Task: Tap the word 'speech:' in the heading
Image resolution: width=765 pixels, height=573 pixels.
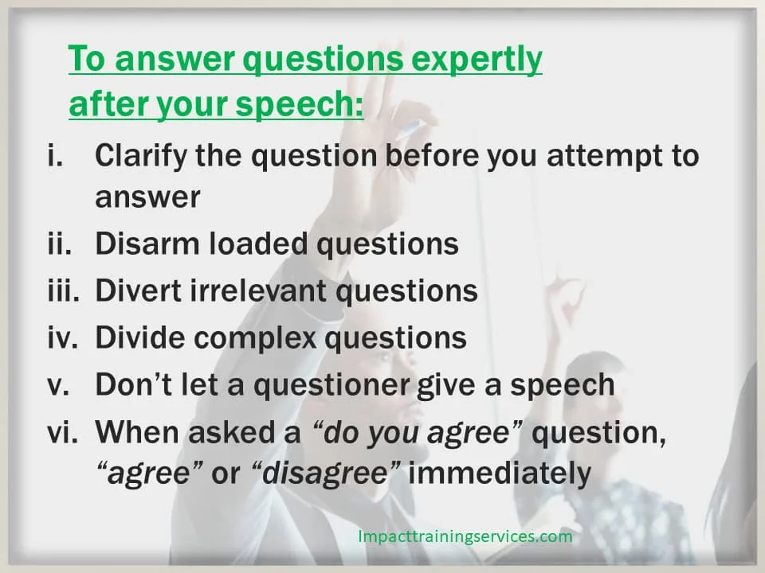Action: click(299, 103)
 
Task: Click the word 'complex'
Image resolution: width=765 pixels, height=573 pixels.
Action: click(255, 338)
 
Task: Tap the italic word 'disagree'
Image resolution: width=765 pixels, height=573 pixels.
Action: click(325, 473)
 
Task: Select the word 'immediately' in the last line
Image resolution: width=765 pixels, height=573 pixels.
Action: click(500, 473)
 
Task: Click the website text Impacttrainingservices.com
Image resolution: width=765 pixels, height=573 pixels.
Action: click(465, 536)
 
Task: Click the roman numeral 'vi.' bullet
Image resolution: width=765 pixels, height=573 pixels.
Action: click(62, 431)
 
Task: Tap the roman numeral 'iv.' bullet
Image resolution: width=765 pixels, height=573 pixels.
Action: click(62, 337)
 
